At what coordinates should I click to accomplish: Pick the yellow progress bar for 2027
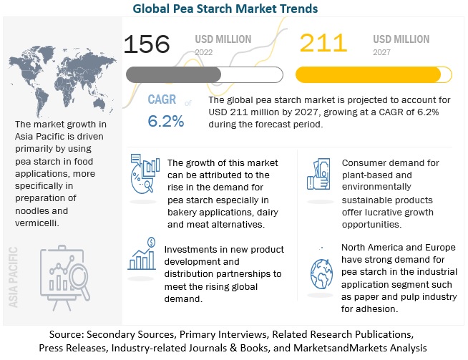pos(369,74)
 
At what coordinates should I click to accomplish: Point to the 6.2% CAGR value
pos(165,121)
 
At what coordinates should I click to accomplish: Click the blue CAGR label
pos(162,99)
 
